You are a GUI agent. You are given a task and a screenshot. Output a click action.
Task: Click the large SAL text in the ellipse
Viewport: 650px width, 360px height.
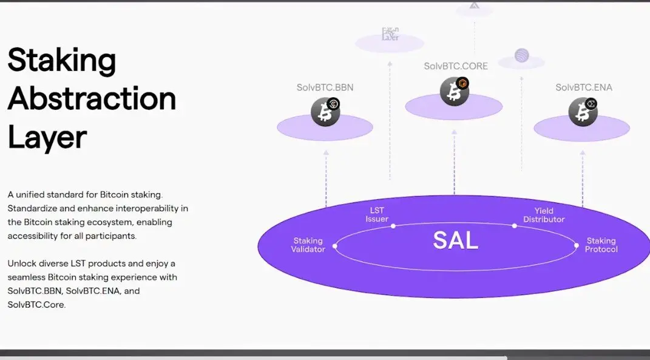(x=455, y=240)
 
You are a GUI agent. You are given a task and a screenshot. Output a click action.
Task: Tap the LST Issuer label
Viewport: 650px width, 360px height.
(x=377, y=215)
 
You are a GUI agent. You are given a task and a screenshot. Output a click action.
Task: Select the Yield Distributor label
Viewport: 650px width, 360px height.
(x=544, y=215)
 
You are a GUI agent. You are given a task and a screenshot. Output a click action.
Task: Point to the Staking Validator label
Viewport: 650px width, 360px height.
(x=308, y=245)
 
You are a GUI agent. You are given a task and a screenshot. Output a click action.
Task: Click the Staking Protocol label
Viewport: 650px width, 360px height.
(x=601, y=245)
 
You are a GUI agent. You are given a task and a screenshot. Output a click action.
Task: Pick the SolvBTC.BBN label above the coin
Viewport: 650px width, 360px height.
(x=325, y=87)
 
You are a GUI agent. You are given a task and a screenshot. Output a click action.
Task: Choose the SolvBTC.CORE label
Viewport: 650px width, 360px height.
(x=456, y=66)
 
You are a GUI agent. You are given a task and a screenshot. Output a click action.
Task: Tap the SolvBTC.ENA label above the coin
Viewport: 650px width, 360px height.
(x=584, y=87)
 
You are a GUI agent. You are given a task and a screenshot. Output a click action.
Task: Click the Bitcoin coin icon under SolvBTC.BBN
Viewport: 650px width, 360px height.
(x=325, y=112)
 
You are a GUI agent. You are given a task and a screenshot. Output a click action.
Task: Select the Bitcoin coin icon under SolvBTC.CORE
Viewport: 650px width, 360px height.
(x=454, y=92)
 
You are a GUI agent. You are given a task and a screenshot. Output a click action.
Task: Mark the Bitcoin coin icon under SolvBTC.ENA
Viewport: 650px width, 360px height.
(x=583, y=112)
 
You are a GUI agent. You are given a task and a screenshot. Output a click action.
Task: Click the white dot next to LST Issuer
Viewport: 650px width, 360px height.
(x=393, y=226)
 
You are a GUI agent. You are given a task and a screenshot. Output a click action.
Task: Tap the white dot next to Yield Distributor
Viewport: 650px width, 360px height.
(x=514, y=226)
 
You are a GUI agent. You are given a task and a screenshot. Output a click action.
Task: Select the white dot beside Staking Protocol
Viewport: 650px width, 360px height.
(x=577, y=246)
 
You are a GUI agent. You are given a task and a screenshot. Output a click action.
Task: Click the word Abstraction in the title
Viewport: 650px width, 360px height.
(x=92, y=98)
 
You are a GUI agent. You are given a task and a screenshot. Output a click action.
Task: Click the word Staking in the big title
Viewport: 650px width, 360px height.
(x=61, y=60)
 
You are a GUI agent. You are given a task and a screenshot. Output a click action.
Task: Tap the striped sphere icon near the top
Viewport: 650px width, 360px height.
(x=522, y=56)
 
